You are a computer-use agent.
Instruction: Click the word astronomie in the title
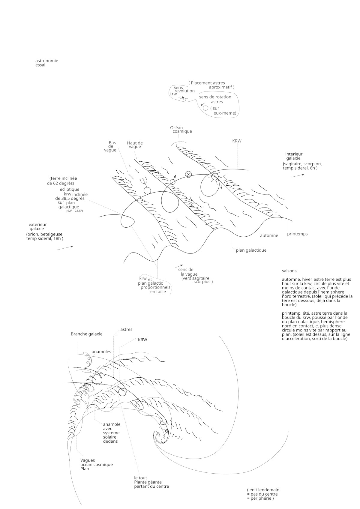pos(46,61)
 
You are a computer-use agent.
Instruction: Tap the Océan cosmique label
pos(181,130)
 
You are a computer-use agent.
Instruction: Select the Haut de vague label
pos(135,145)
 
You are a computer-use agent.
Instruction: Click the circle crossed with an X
pos(188,174)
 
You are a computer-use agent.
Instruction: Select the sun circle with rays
pos(215,177)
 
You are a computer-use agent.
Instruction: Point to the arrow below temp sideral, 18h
pos(65,248)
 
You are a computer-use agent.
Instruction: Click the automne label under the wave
pos(269,235)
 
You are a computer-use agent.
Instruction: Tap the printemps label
pos(297,234)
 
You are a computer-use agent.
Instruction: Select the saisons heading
pos(289,271)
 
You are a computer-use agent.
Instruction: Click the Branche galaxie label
pos(86,334)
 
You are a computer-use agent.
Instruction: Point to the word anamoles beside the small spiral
pos(101,352)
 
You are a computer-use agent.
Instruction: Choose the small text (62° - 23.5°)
pos(74,211)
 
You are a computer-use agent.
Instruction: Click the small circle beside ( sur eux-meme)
pos(205,108)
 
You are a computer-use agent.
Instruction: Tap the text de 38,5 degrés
pos(70,198)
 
